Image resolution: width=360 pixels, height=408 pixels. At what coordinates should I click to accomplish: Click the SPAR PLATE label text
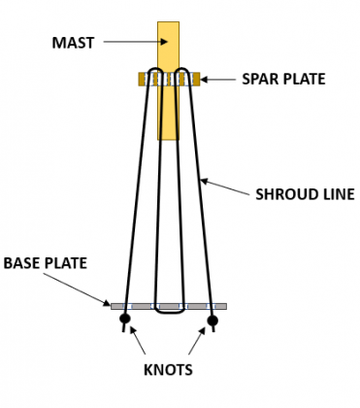[283, 80]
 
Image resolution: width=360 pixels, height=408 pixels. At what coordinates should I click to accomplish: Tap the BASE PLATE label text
[46, 262]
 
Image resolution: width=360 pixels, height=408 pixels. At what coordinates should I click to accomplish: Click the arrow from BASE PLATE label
[86, 289]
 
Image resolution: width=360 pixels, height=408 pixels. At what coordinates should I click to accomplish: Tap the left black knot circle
[125, 320]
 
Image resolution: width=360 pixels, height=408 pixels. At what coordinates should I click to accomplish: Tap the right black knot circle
[213, 320]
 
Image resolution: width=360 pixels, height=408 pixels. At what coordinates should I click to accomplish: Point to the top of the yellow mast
[169, 23]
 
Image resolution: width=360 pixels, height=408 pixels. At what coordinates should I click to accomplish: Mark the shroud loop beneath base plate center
[169, 313]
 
